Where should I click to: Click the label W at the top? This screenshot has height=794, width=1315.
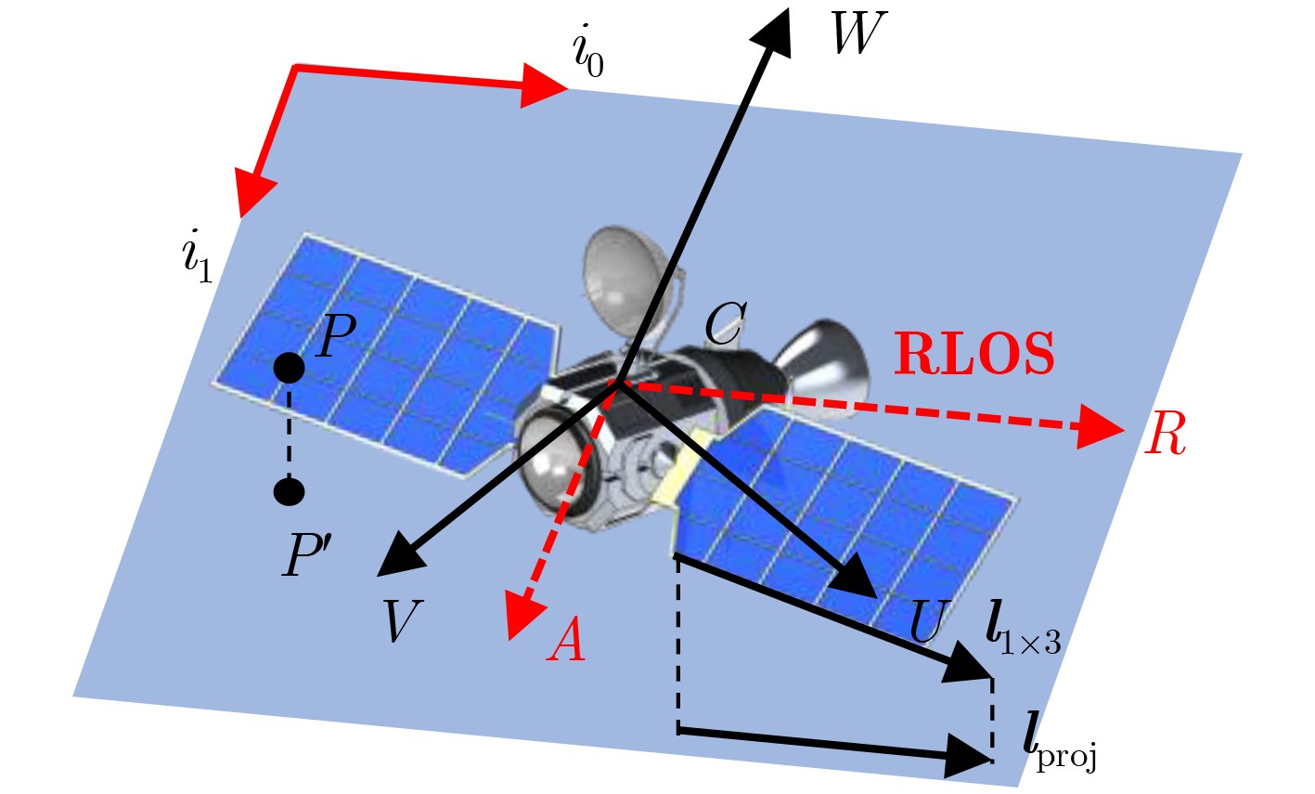pyautogui.click(x=859, y=34)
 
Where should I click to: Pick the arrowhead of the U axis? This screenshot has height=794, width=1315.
pyautogui.click(x=856, y=580)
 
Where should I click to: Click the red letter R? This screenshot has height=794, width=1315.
pyautogui.click(x=1166, y=435)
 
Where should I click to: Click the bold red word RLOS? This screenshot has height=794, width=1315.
pyautogui.click(x=973, y=355)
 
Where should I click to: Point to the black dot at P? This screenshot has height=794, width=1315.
pyautogui.click(x=290, y=368)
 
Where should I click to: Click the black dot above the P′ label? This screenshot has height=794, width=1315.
pyautogui.click(x=290, y=489)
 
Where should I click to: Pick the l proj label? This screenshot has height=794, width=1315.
pyautogui.click(x=1059, y=740)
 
